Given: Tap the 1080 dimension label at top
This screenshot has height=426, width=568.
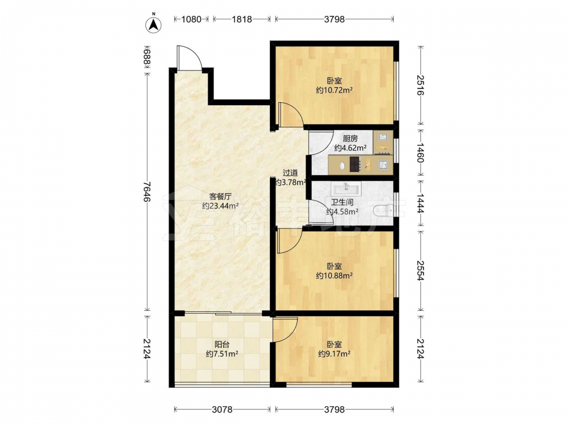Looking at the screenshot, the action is [x=191, y=19].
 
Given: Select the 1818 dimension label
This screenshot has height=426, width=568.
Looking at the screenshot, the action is [x=241, y=19].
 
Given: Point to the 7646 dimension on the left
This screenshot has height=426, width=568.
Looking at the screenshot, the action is [x=147, y=192].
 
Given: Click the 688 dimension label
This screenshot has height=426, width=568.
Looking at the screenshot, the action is [x=147, y=58].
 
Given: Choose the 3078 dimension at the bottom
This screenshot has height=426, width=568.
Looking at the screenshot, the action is [x=222, y=410].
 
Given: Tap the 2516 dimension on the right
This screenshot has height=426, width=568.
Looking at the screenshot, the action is [x=420, y=85].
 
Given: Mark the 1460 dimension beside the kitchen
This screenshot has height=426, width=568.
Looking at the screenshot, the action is [x=420, y=152].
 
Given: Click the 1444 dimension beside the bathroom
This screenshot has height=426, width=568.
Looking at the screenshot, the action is [x=420, y=203].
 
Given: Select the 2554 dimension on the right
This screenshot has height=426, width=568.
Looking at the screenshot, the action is [x=420, y=270].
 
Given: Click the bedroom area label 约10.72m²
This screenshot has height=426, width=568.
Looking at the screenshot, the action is [x=335, y=90].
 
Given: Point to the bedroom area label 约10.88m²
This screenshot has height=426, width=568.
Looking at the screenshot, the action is [x=335, y=275].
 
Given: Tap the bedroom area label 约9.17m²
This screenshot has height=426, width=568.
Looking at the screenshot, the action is [x=335, y=354].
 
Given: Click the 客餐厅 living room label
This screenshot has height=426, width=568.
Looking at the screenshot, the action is [x=220, y=197].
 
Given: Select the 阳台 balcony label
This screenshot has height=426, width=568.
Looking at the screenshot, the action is [x=222, y=345].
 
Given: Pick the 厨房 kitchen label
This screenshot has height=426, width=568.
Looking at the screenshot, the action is [x=350, y=139].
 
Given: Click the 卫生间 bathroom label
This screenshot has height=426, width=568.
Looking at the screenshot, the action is [x=343, y=203].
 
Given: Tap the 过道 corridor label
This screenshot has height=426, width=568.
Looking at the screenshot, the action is [x=290, y=173].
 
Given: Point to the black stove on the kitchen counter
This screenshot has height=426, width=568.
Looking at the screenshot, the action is [x=354, y=164].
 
